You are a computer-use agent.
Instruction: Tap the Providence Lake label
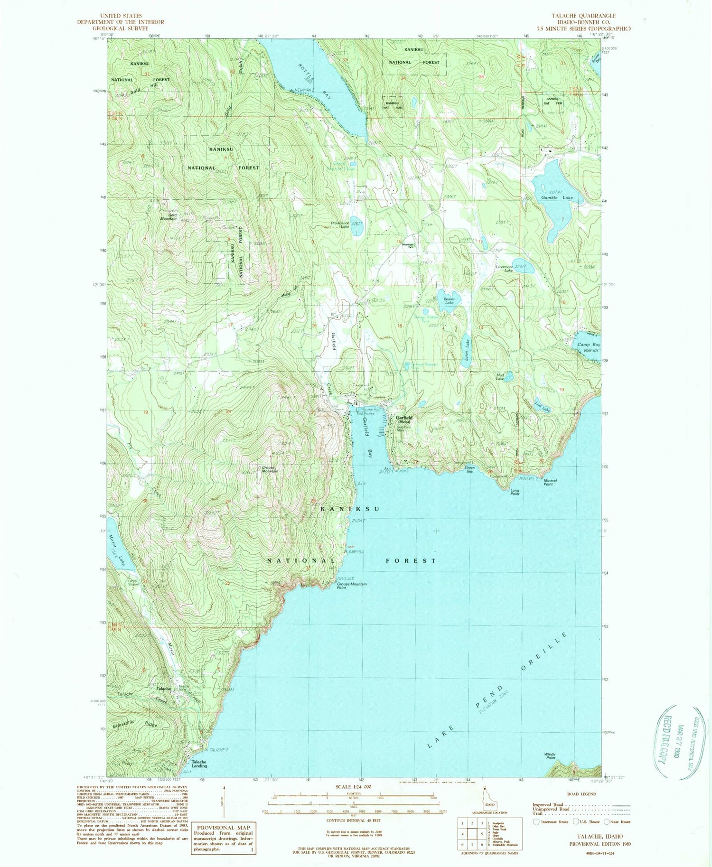pyautogui.click(x=340, y=224)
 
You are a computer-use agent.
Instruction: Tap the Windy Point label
pyautogui.click(x=550, y=756)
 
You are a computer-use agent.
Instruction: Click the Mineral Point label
pyautogui.click(x=550, y=482)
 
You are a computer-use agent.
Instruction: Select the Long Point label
pyautogui.click(x=515, y=492)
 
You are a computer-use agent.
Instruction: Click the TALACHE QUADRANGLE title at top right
pyautogui.click(x=583, y=16)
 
